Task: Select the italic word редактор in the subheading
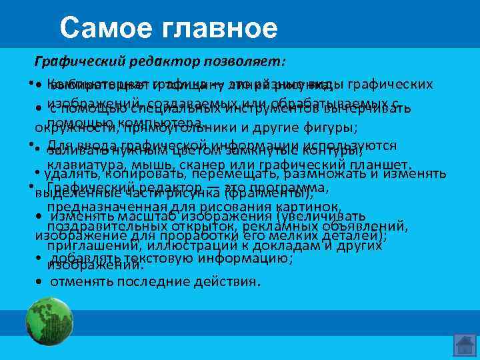click(x=158, y=62)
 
